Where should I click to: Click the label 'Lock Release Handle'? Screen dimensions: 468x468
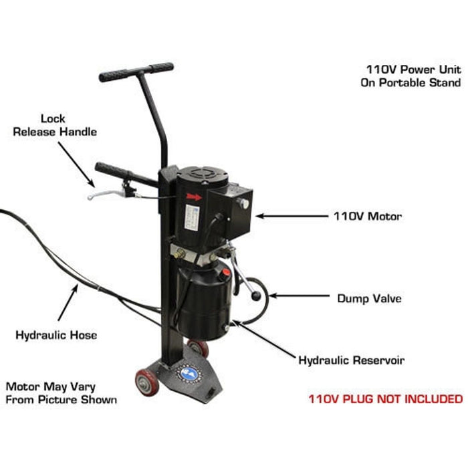pos(55,125)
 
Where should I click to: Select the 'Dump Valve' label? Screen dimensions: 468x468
pos(369,298)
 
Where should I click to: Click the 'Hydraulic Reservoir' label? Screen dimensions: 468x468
pos(351,360)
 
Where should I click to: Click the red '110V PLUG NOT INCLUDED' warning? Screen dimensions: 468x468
pos(385,399)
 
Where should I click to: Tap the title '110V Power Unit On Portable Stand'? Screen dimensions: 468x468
pos(413,76)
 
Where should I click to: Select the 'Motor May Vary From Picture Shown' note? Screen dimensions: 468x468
pos(62,393)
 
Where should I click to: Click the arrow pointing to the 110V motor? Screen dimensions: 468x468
pos(288,216)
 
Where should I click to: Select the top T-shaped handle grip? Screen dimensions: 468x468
pos(136,72)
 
